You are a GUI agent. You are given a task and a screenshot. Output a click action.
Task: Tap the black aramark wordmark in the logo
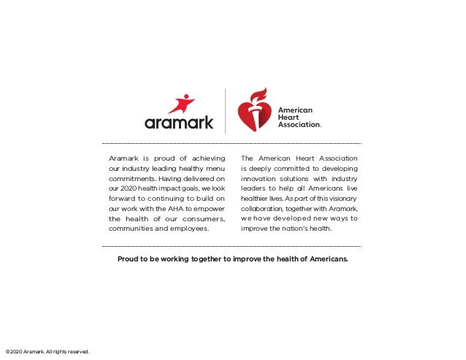[x=179, y=123]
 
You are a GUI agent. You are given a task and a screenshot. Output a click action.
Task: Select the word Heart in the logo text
[x=288, y=118]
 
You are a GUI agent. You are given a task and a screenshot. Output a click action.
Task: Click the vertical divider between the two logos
[x=225, y=111]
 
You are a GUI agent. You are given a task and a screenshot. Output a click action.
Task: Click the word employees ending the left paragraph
[x=191, y=229]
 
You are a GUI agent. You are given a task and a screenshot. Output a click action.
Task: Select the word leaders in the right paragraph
[x=256, y=188]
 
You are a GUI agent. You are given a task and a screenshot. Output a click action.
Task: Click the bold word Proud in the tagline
[x=130, y=258]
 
